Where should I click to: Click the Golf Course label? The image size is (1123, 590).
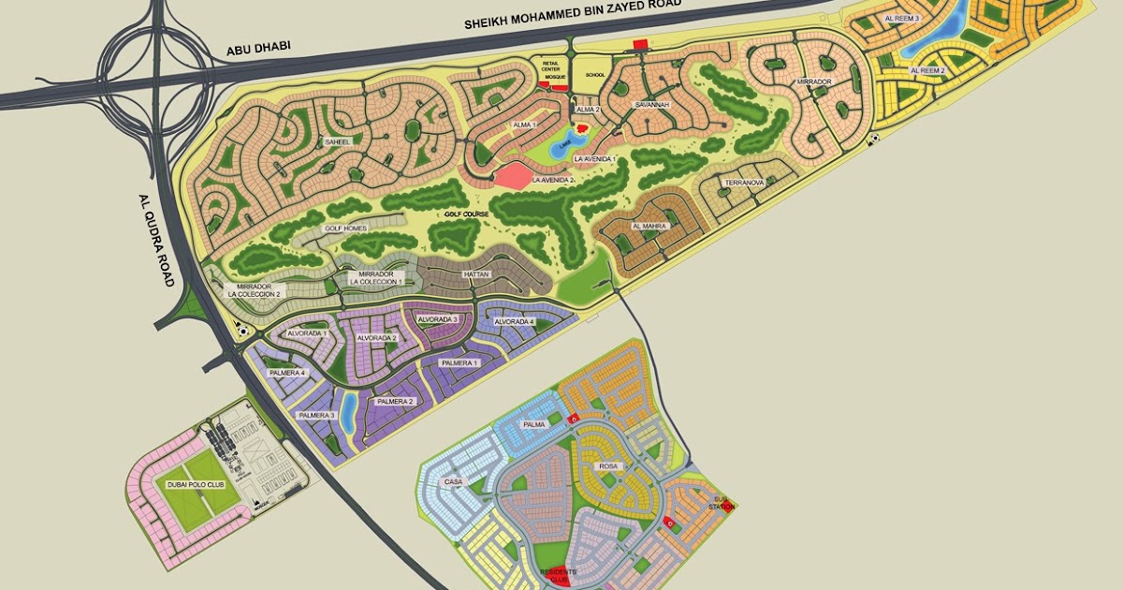pyautogui.click(x=468, y=214)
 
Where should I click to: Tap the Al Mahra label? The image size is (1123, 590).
pyautogui.click(x=649, y=227)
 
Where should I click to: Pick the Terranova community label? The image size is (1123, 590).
pyautogui.click(x=744, y=184)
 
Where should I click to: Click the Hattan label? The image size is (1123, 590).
pyautogui.click(x=476, y=274)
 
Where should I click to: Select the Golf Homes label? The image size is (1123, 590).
pyautogui.click(x=345, y=228)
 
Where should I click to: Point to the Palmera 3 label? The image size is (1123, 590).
pyautogui.click(x=317, y=415)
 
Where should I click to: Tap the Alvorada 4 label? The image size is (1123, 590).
pyautogui.click(x=514, y=322)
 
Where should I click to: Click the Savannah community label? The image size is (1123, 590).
pyautogui.click(x=652, y=105)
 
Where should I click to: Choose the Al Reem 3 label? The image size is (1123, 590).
pyautogui.click(x=902, y=19)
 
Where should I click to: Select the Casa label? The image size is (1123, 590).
pyautogui.click(x=454, y=482)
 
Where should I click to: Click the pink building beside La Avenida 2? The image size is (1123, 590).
pyautogui.click(x=512, y=175)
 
